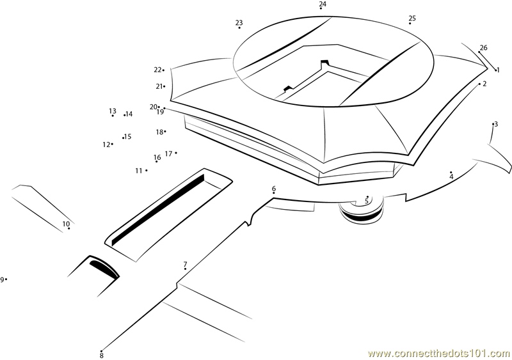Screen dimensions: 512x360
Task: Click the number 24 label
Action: click(x=323, y=4)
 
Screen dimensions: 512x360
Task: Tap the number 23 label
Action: click(x=239, y=22)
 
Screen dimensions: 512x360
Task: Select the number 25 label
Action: click(x=412, y=18)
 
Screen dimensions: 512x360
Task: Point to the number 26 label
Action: click(x=484, y=48)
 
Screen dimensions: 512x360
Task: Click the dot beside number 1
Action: click(x=495, y=70)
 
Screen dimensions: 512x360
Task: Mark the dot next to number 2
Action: click(x=479, y=84)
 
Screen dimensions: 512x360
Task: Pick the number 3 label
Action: click(x=496, y=124)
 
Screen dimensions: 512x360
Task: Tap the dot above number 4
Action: click(x=451, y=172)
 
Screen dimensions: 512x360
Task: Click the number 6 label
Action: click(x=274, y=189)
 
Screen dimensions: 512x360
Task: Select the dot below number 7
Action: click(x=185, y=269)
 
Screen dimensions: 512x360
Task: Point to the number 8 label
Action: click(x=102, y=356)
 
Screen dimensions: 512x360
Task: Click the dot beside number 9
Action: click(x=6, y=279)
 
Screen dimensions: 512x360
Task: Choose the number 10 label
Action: click(x=66, y=224)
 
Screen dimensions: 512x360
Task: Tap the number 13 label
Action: click(x=113, y=111)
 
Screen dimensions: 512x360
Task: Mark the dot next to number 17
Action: click(x=176, y=152)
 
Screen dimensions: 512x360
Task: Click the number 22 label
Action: click(x=157, y=70)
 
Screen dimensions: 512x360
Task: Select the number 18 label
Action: click(x=159, y=132)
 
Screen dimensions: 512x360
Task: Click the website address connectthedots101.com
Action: click(x=439, y=354)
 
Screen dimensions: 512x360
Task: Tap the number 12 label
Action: click(x=106, y=145)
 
